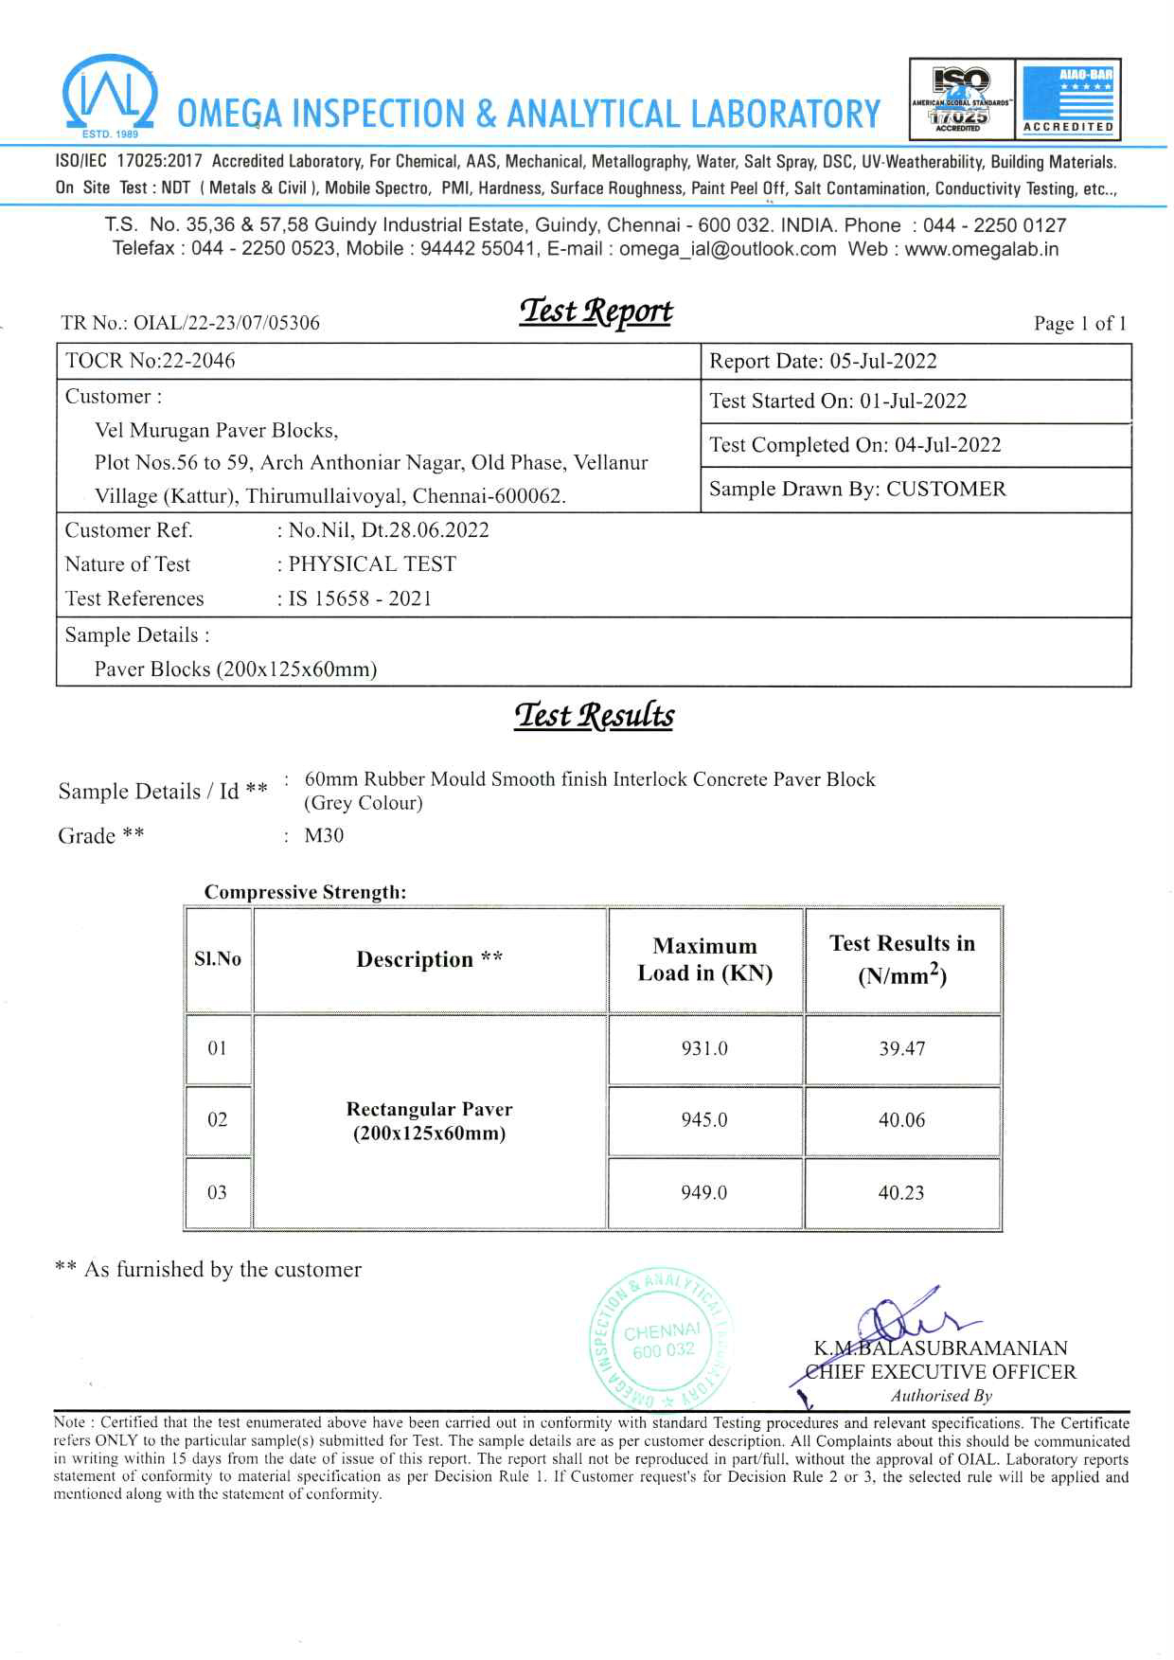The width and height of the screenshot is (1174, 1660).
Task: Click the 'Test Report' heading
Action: [596, 312]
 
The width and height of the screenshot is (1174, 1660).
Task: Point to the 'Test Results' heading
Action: [595, 715]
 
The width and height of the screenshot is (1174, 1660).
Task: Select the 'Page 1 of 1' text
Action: [1079, 324]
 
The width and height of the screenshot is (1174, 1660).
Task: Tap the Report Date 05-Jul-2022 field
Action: [823, 361]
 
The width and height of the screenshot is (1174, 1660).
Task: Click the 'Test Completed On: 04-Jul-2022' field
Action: [855, 445]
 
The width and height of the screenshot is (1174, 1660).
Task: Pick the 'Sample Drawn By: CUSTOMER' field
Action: [858, 489]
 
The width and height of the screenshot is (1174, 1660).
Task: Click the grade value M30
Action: [324, 835]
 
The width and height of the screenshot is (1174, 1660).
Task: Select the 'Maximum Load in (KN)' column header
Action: [705, 959]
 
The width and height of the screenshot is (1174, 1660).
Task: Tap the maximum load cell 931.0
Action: [705, 1048]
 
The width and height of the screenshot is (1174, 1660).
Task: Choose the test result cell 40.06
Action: [901, 1120]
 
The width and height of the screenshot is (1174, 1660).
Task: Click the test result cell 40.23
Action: [901, 1193]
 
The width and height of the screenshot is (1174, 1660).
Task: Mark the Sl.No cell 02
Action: [218, 1120]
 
